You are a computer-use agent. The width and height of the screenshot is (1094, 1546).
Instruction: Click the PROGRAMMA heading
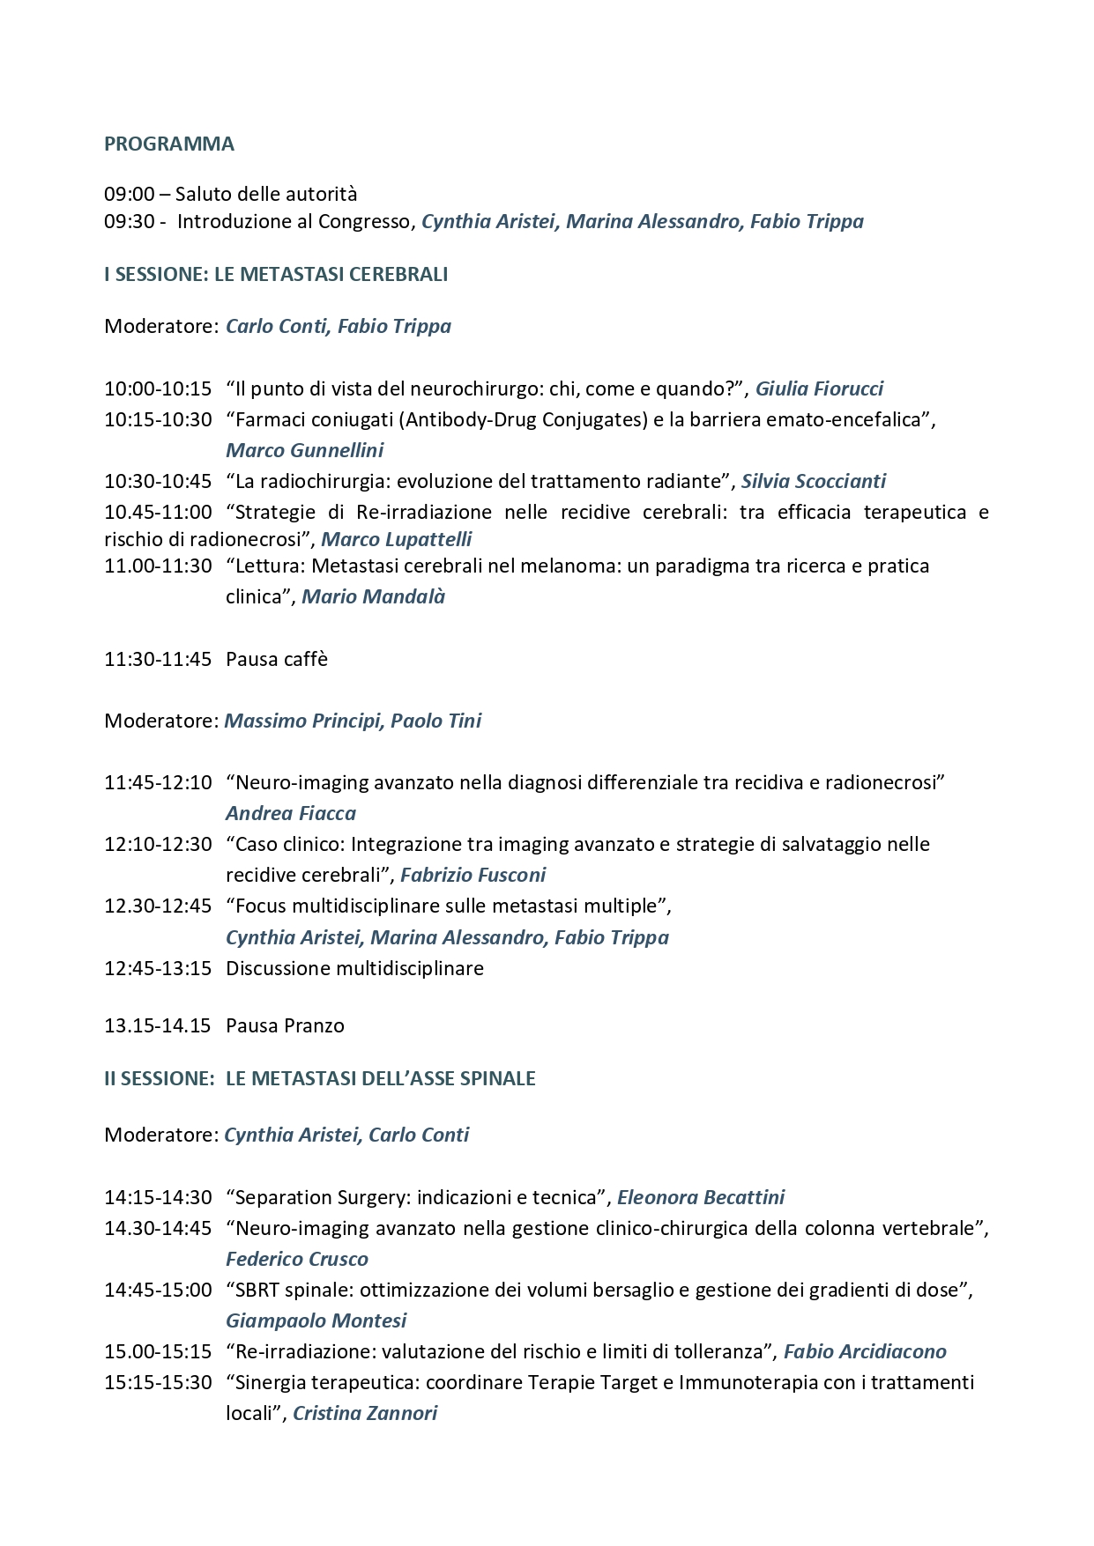168,144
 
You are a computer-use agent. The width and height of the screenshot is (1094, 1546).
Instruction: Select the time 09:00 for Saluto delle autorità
130,194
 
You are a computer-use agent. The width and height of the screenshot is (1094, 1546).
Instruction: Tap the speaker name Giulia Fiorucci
819,388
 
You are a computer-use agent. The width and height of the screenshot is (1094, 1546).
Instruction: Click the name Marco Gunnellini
304,450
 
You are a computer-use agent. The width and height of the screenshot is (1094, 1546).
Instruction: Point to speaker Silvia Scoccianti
813,481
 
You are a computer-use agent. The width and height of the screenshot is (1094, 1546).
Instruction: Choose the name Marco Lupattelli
396,539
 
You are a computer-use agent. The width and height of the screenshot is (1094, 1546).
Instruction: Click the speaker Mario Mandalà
373,596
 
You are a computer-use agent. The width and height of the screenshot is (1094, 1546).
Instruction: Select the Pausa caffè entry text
277,659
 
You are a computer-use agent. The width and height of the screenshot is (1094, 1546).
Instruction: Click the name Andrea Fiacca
291,813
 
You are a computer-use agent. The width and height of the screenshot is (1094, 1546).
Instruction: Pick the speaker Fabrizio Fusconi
473,875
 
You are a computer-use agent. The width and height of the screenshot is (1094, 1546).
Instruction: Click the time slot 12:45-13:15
158,968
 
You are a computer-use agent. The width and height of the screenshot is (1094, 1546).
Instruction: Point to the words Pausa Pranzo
285,1025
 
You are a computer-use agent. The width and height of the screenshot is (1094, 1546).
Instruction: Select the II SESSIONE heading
319,1078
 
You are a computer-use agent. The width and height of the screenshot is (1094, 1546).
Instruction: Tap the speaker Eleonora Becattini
700,1197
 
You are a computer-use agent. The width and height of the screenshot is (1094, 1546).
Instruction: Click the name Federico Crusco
297,1259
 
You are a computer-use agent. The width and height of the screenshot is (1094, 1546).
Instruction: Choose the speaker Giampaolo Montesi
316,1320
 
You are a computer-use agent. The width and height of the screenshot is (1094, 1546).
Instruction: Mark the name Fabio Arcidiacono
865,1351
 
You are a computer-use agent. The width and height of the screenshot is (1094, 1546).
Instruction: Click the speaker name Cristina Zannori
365,1413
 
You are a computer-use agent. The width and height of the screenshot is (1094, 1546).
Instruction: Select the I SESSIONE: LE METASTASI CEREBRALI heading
276,274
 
